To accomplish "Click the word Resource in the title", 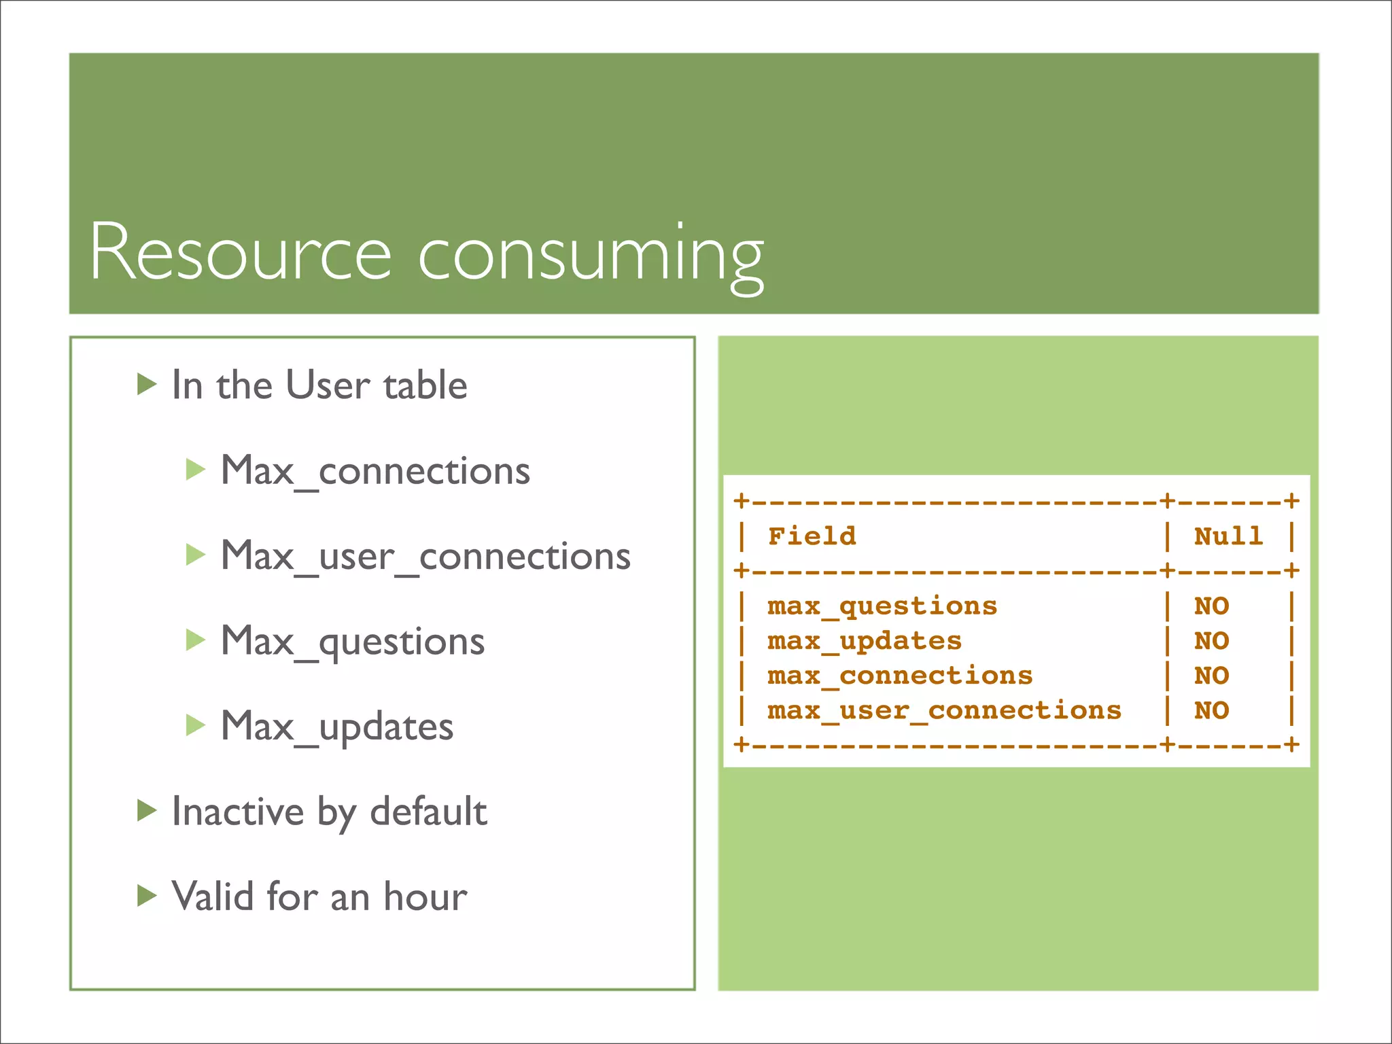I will pos(241,251).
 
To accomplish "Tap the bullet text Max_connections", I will pos(375,470).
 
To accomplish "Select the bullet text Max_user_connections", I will pos(425,556).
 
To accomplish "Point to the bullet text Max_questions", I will pos(353,642).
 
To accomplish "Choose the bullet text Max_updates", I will pos(337,727).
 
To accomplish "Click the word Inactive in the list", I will pos(237,811).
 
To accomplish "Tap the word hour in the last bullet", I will pos(425,896).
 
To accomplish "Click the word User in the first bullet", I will pos(327,385).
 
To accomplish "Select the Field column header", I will pos(812,536).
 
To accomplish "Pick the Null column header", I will pos(1228,536).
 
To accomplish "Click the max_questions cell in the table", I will pos(882,606).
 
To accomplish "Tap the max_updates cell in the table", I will pos(864,641).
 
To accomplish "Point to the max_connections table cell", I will pos(899,676).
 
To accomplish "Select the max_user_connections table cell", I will pos(943,711).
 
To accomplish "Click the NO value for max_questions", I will pos(1211,606).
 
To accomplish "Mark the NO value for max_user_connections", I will pos(1211,711).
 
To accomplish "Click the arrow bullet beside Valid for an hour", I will pos(146,896).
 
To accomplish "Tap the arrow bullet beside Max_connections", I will pos(195,470).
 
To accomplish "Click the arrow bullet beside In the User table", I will pos(146,385).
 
